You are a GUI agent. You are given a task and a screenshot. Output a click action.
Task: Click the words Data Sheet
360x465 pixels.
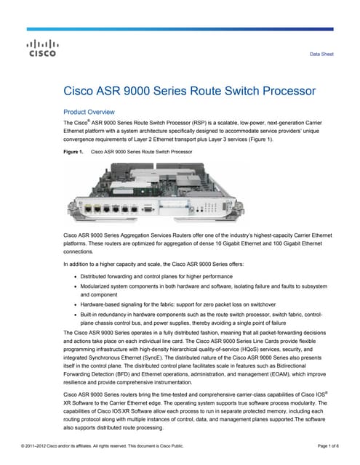[321, 54]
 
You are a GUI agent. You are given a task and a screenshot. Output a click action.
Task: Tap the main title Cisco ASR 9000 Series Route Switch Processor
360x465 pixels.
[191, 92]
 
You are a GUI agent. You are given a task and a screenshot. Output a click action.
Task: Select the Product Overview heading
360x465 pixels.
[89, 112]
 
